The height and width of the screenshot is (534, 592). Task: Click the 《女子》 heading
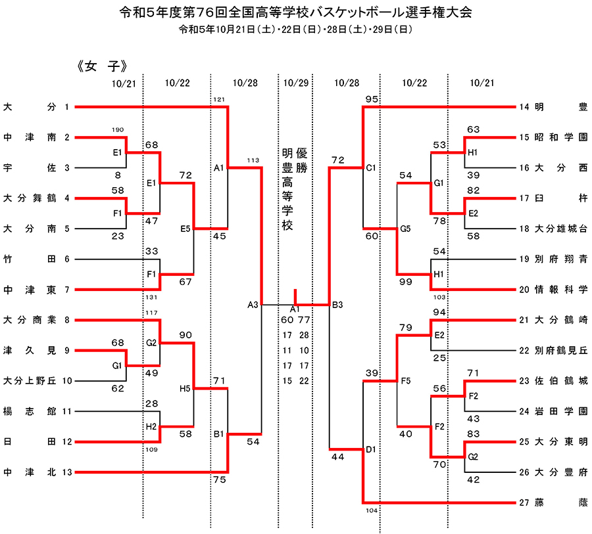click(102, 66)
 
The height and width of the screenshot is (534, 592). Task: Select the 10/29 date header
click(295, 83)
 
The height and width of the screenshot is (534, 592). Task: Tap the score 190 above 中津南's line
click(118, 130)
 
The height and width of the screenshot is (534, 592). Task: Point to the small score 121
click(219, 100)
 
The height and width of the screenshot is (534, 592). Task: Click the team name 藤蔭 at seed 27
click(561, 502)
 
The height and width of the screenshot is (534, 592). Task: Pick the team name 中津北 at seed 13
click(30, 472)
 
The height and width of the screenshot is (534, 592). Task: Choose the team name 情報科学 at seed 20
click(561, 290)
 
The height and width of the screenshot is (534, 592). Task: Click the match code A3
click(253, 305)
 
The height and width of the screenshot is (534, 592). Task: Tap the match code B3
click(337, 305)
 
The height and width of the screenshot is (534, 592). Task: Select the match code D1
click(371, 449)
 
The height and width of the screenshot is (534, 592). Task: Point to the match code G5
click(405, 229)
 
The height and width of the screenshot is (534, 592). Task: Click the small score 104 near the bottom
click(372, 510)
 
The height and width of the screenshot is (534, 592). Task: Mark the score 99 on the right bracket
click(405, 282)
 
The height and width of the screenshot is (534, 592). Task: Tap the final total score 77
click(304, 320)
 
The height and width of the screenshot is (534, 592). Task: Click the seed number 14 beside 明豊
click(524, 107)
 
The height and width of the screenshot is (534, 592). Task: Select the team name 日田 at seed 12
click(30, 441)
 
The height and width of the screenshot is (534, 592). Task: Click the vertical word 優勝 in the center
click(302, 160)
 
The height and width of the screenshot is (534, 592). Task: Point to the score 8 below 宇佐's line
click(118, 175)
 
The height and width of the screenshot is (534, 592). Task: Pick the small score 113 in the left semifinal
click(253, 160)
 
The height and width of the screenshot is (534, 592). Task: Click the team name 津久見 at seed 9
click(30, 350)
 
